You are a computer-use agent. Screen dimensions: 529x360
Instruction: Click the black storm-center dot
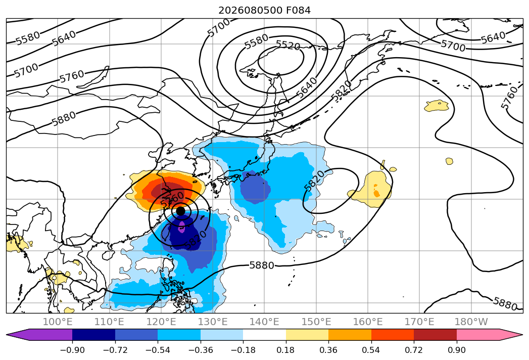(x=180, y=211)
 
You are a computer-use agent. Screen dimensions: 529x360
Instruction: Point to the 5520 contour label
(x=288, y=46)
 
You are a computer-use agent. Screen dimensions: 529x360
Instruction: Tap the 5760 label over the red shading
(x=172, y=199)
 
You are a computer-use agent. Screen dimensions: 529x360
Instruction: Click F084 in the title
(x=298, y=11)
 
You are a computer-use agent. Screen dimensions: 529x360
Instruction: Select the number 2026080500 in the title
(x=250, y=11)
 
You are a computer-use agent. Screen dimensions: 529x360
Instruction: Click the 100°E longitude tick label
(x=58, y=322)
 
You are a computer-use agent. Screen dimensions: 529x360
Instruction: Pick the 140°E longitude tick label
(x=264, y=322)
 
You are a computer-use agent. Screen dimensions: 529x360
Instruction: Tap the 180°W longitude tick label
(x=471, y=322)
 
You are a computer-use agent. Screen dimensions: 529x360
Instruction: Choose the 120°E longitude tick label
(x=161, y=322)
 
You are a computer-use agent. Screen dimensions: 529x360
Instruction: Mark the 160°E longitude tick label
(x=368, y=322)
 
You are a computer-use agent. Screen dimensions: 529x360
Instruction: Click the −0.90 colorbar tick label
(x=72, y=350)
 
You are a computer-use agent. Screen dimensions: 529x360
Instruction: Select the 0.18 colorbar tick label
(x=286, y=350)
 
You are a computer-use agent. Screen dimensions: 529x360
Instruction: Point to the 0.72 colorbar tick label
(x=414, y=350)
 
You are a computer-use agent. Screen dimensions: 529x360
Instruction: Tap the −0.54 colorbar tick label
(x=158, y=350)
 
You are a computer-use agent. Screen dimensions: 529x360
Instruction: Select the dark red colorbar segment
(x=435, y=335)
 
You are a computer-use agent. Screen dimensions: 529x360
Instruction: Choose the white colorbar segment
(x=265, y=335)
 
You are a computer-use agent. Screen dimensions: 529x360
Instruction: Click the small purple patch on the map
(x=181, y=227)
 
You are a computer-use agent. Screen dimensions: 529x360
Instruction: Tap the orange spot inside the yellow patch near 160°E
(x=376, y=193)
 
